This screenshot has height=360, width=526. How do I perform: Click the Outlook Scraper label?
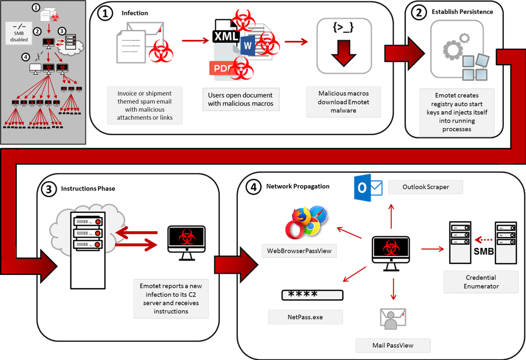coord(425,187)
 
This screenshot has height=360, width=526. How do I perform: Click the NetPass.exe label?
coord(305,317)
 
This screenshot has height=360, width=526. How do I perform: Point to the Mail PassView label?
coord(393,345)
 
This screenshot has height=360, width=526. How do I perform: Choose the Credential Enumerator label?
coord(481,282)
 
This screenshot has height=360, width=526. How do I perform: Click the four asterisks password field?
coord(312,295)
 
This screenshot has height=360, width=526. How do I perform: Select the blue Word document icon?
coord(248,46)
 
